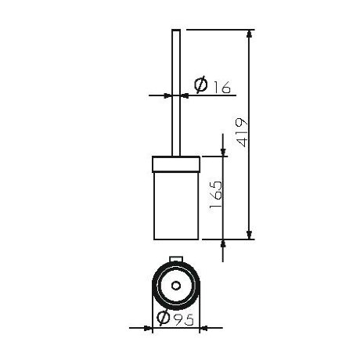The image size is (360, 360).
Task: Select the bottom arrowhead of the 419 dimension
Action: [250, 233]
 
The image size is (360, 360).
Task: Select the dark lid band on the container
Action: [175, 164]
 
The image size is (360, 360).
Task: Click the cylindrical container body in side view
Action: [175, 203]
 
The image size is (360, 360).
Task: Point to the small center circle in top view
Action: [175, 286]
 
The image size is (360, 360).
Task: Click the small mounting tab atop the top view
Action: [175, 259]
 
